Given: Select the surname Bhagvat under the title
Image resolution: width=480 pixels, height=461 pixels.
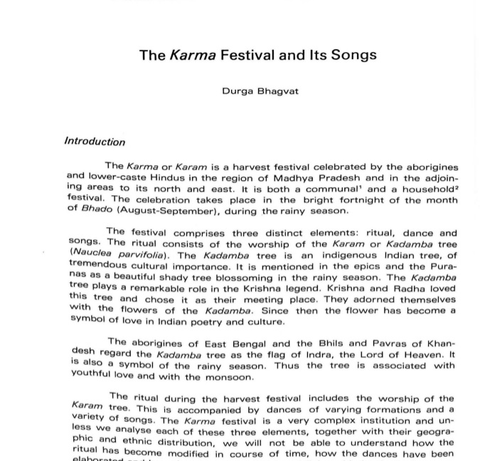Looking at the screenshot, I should coord(278,92).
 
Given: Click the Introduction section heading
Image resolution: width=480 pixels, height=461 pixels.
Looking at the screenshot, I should coord(95,141).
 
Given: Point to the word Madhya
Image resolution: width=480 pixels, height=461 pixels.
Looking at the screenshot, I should coord(302,178).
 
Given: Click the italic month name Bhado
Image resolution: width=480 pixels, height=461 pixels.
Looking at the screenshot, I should coord(97,209).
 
